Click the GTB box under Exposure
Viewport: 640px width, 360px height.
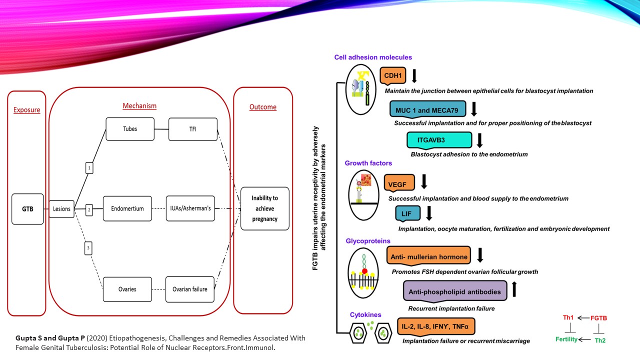[x=28, y=208]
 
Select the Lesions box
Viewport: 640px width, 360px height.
[x=61, y=208]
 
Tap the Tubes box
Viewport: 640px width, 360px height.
[x=130, y=129]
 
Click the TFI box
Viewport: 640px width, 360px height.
[x=192, y=129]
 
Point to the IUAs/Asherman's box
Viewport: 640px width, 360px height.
[x=190, y=208]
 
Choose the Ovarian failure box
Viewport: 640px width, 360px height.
[x=190, y=289]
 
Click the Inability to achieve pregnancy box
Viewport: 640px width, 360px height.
[x=264, y=208]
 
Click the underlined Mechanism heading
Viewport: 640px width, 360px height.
[x=139, y=106]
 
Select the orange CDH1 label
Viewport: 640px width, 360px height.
[x=393, y=76]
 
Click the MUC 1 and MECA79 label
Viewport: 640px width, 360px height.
[x=427, y=108]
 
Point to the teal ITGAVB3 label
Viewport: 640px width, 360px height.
[x=439, y=140]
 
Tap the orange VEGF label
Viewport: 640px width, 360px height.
[x=398, y=183]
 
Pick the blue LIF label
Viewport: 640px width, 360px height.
[x=406, y=214]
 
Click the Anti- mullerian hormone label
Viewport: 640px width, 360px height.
[x=428, y=257]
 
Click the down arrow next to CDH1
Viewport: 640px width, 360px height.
[x=414, y=76]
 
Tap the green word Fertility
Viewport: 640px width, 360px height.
[x=566, y=339]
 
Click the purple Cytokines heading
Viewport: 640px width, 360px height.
[x=365, y=315]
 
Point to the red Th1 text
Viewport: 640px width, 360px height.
[x=568, y=318]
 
